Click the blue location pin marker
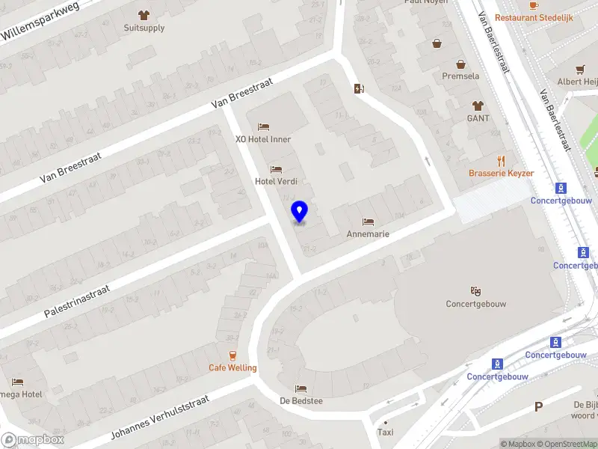pos(299,212)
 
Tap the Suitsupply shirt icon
pos(144,14)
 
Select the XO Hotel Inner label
pos(263,139)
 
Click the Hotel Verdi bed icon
pos(277,169)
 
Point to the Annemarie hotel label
pos(368,233)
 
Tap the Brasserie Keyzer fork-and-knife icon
pos(502,160)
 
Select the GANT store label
pos(478,118)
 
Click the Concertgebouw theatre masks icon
pos(475,291)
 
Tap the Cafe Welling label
pos(232,367)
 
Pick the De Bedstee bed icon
pos(300,388)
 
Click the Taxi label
pos(386,432)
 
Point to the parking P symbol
pos(538,407)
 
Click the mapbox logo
pos(33,440)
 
